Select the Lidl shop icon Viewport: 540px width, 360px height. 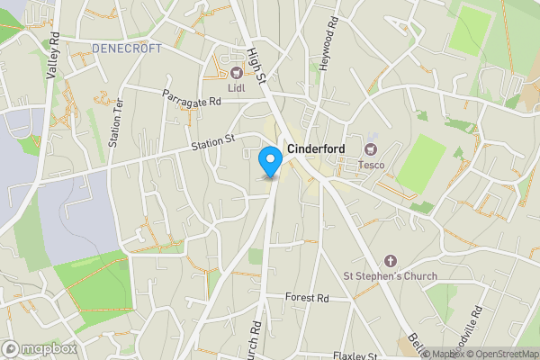[236, 72]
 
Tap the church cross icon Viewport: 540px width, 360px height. [390, 260]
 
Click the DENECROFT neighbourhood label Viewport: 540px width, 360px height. [126, 48]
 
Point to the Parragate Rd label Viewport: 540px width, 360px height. [192, 101]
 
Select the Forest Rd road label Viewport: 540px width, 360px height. [307, 298]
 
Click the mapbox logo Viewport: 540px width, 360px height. [40, 348]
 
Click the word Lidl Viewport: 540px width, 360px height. [236, 86]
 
